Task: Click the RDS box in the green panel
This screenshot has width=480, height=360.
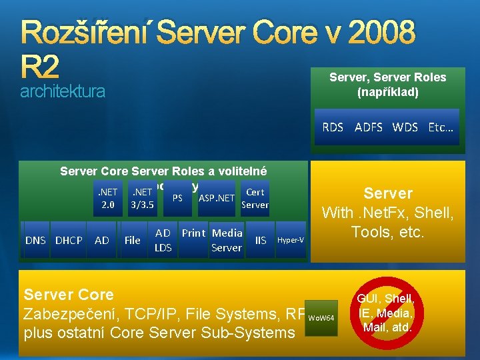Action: coord(333,127)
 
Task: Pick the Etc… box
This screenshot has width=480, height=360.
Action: coord(441,127)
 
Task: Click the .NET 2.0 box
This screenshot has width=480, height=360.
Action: coord(107,198)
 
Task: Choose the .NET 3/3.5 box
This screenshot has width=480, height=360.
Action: coord(143,198)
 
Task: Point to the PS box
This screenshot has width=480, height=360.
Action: coord(177,198)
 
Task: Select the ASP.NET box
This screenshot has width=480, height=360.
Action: coord(216,198)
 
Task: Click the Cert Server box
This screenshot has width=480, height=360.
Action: coord(255,198)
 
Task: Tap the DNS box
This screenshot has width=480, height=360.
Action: coord(35,240)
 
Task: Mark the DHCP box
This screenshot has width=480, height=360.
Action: coord(69,240)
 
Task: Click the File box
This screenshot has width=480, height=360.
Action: coord(132,240)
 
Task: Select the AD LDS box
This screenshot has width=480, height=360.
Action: coord(163,240)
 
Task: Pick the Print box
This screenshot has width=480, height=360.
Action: coord(193,234)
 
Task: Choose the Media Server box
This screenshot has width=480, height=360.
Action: coord(226,240)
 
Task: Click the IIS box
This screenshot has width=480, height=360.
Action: coord(261,240)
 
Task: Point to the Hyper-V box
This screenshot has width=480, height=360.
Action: coord(290,240)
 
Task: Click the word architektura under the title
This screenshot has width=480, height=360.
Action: coord(62,91)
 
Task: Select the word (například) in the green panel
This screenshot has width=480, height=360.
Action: coord(387,92)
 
